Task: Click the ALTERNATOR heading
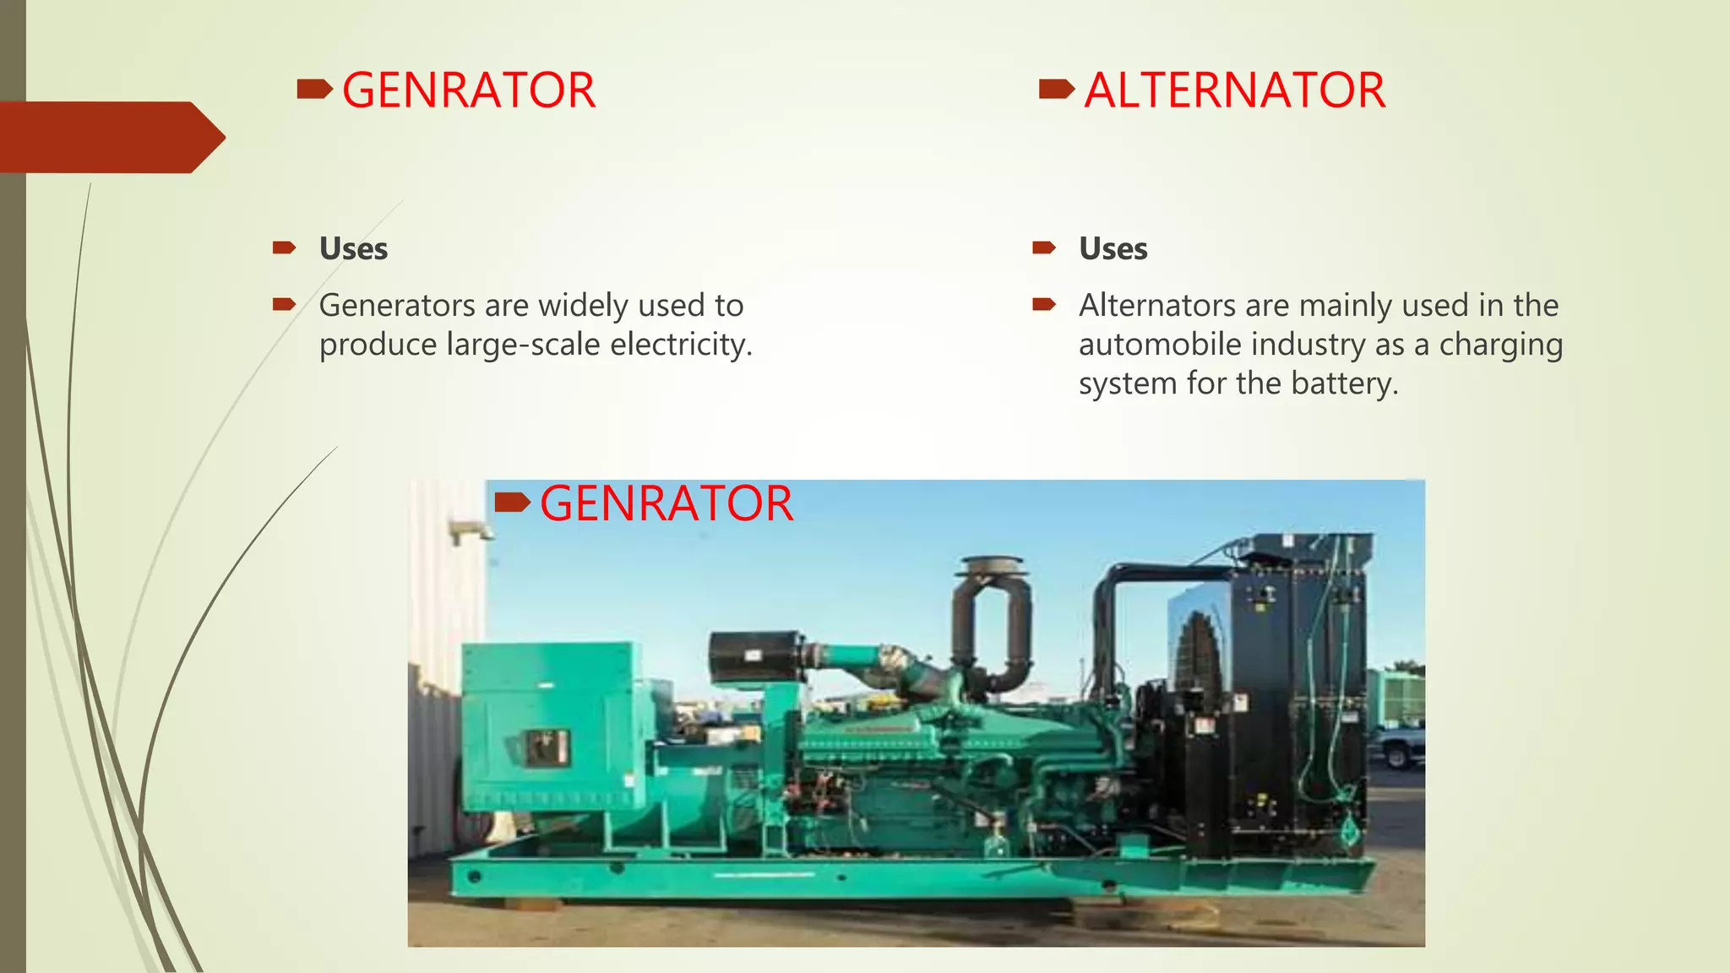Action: pos(1234,90)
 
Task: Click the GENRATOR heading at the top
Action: pos(468,90)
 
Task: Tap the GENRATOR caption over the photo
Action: pos(666,503)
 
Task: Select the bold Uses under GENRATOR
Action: pos(353,249)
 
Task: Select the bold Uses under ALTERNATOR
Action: pos(1113,249)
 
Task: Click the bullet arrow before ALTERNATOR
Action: pos(1056,88)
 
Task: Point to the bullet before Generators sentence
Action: pos(284,304)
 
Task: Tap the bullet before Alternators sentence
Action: pos(1044,304)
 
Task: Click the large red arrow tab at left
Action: pos(110,137)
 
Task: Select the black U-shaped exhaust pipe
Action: pos(992,621)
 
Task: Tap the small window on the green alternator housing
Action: pos(547,747)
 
